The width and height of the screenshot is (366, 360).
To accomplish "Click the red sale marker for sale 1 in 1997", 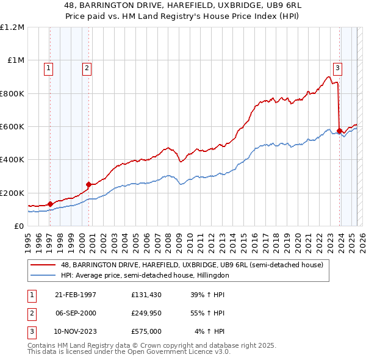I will click(50, 204).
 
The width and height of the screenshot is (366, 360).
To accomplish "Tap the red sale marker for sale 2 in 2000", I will click(88, 184).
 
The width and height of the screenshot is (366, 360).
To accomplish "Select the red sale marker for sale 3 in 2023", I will click(339, 130).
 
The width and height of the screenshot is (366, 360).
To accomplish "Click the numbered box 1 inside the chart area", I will click(48, 68).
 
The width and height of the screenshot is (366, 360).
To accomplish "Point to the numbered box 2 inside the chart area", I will click(87, 68).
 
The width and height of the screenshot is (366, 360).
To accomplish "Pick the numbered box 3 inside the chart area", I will click(337, 68).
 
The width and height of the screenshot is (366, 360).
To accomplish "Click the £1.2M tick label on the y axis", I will click(12, 27).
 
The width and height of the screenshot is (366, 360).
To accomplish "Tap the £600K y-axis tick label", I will click(12, 127).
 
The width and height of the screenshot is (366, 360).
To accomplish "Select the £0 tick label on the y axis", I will click(20, 226).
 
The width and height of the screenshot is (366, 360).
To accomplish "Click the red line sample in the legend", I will click(43, 265).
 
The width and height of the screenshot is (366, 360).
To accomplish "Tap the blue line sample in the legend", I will click(43, 275).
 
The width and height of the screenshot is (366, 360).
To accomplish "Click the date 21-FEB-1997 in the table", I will click(76, 295).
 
